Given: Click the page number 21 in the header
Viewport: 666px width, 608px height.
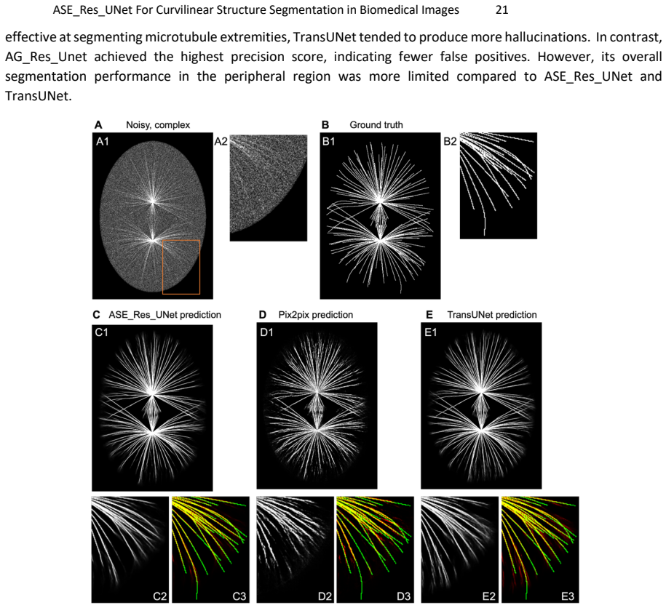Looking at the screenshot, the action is coord(502,9).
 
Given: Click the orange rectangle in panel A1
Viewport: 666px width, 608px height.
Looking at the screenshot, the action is coord(162,267).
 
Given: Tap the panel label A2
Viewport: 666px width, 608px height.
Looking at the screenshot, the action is coord(221,141).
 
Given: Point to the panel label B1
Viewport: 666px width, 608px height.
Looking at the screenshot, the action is coord(329,141).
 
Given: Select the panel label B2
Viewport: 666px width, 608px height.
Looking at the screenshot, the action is coord(451,141).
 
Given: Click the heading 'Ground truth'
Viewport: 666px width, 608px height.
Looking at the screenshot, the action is coord(376,125).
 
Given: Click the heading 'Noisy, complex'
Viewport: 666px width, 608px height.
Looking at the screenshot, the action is coord(158,125).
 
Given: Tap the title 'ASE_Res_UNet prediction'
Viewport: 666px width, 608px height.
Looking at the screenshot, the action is coord(164,315).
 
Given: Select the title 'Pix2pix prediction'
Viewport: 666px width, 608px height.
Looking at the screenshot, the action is coord(316,315).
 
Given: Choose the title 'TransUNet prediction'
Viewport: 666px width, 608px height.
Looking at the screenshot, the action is coord(492,315).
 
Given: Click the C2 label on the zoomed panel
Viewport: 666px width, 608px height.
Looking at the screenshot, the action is coord(159,596).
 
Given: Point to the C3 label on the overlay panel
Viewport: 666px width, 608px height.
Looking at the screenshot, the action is coord(239,596).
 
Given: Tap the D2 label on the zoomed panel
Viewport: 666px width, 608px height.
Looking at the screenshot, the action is coord(325,596).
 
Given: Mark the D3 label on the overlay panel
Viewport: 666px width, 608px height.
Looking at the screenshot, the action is coord(403,596).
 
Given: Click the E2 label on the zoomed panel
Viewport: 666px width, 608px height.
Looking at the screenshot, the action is coord(489,596).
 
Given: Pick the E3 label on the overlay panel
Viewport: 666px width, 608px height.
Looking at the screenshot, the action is coord(568,596).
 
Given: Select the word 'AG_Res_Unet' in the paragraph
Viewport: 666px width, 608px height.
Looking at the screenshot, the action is coord(46,57).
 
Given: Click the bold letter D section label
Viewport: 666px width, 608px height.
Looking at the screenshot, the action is coord(263,315).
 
